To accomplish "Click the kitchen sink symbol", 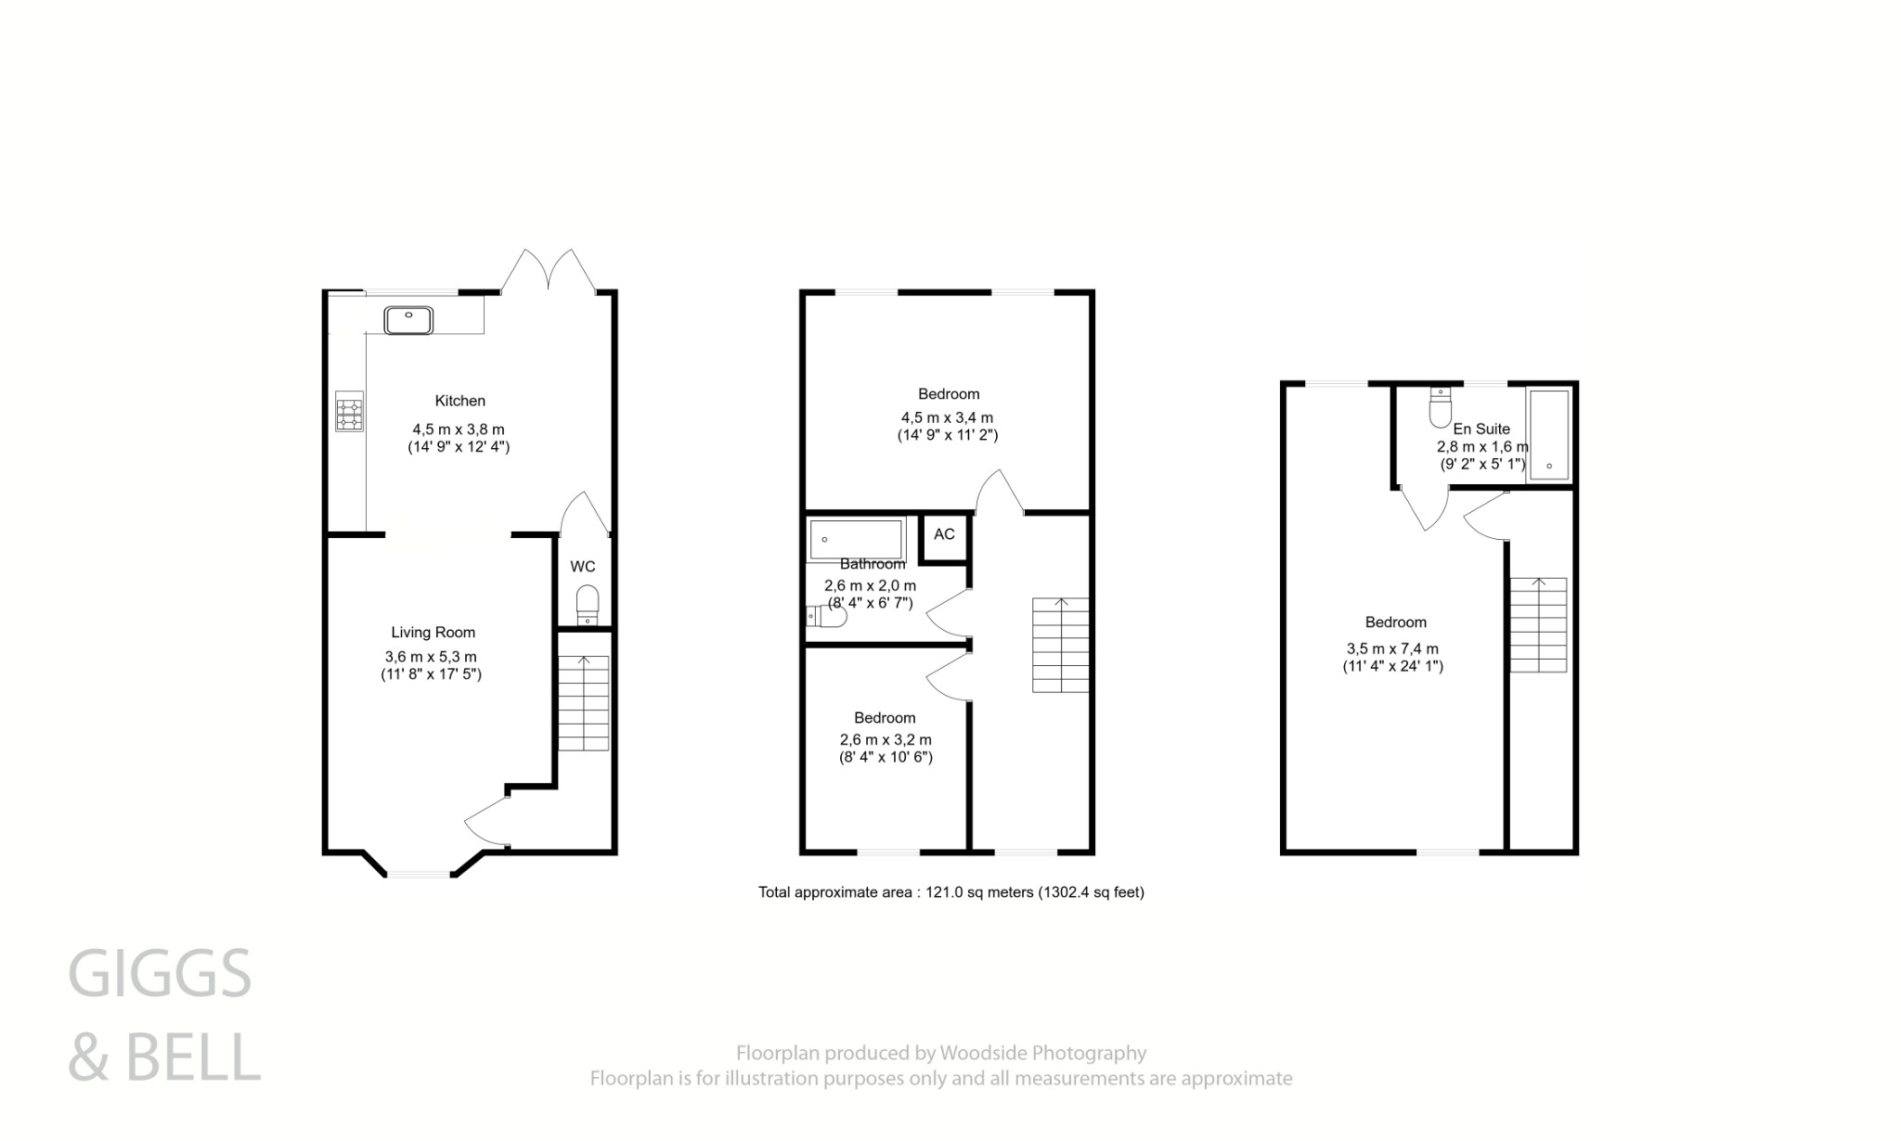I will pyautogui.click(x=408, y=320).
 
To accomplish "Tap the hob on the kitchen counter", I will pyautogui.click(x=350, y=411).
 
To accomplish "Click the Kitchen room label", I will pyautogui.click(x=460, y=401).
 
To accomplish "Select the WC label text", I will pyautogui.click(x=583, y=567).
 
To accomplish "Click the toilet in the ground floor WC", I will pyautogui.click(x=588, y=606).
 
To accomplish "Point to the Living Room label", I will pyautogui.click(x=433, y=633).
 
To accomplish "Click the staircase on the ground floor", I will pyautogui.click(x=584, y=703).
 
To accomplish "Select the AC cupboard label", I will pyautogui.click(x=944, y=534).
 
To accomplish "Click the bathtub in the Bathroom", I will pyautogui.click(x=855, y=539).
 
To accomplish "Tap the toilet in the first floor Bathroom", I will pyautogui.click(x=826, y=617).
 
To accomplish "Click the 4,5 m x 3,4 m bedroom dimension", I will pyautogui.click(x=947, y=417).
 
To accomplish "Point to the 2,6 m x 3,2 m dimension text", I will pyautogui.click(x=886, y=740).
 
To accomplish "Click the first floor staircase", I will pyautogui.click(x=1060, y=646).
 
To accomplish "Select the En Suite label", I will pyautogui.click(x=1481, y=429).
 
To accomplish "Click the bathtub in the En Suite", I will pyautogui.click(x=1548, y=433).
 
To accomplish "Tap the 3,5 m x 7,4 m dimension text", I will pyautogui.click(x=1393, y=649).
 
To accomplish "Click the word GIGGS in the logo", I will pyautogui.click(x=160, y=974).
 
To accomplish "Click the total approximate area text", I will pyautogui.click(x=950, y=892).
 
